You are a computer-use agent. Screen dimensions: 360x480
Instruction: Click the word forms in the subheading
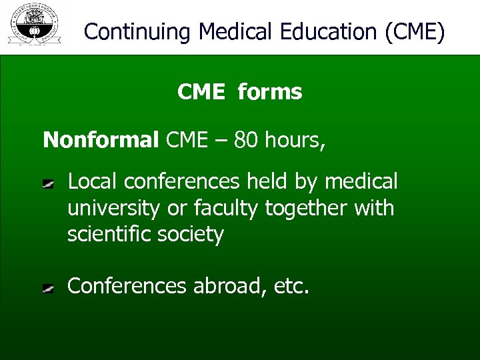pos(269,92)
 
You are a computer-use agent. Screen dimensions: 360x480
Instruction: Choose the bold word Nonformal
pos(101,140)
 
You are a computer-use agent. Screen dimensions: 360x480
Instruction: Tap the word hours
pos(294,140)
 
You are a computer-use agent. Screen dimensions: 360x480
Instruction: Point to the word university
pos(114,208)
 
